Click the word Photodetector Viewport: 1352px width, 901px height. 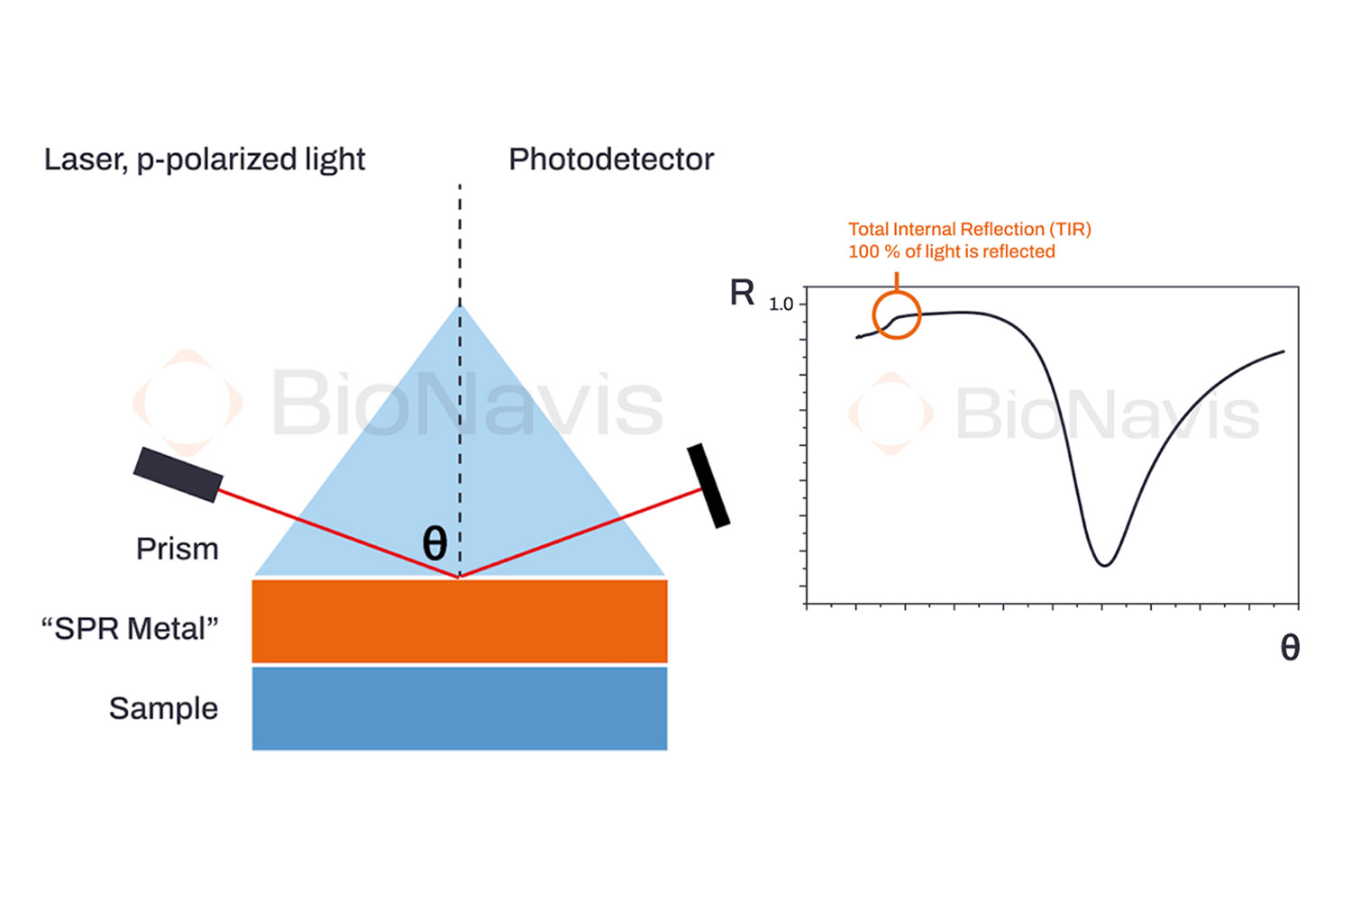tap(611, 159)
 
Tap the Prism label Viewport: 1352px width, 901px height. tap(177, 550)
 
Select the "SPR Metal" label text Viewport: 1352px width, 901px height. tap(130, 629)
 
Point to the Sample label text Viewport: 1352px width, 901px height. tap(163, 709)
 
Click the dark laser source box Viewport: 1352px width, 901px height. tap(178, 474)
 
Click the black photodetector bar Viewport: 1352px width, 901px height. tap(708, 486)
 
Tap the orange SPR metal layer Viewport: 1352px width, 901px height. tap(460, 622)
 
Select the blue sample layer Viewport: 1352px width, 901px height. tap(460, 708)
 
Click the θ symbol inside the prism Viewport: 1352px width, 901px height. tap(434, 542)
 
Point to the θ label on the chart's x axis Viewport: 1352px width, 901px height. tap(1290, 648)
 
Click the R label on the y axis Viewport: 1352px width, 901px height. tap(742, 293)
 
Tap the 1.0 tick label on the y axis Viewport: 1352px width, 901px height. tap(781, 305)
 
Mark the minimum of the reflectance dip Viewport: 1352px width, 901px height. tap(1104, 566)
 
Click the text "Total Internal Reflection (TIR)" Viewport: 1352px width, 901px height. tap(969, 230)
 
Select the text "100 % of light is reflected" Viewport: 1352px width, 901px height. tap(951, 251)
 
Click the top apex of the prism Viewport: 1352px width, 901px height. tap(460, 305)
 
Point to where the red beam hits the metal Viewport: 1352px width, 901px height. tap(460, 578)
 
